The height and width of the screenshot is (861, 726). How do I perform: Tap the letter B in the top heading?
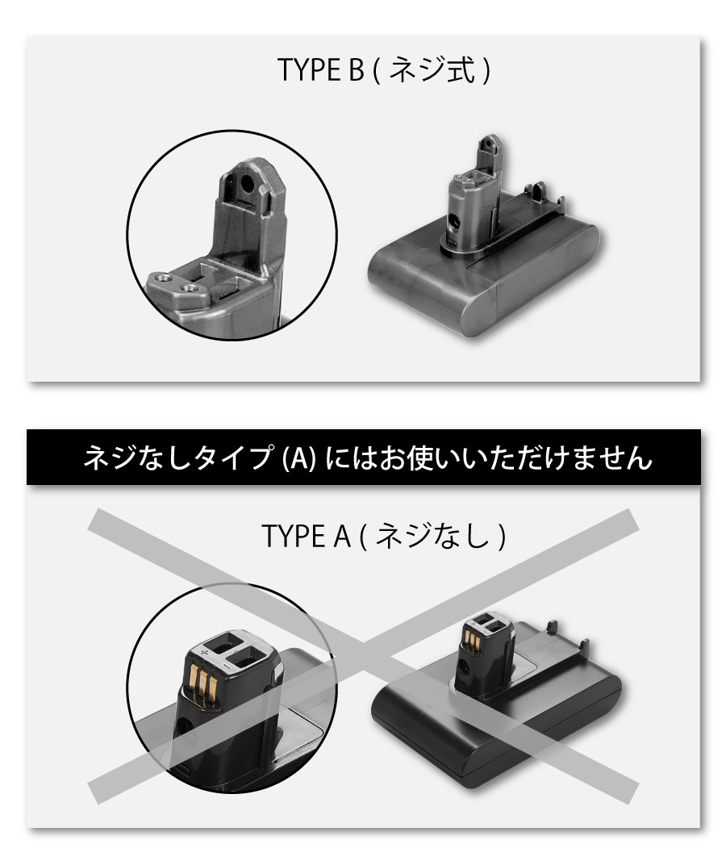point(356,70)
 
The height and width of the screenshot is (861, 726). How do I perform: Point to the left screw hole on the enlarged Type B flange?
point(162,277)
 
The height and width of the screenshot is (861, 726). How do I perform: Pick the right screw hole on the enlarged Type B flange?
point(190,287)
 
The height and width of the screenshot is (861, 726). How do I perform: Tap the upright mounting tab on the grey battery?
point(488,151)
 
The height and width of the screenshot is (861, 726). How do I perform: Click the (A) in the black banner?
point(299,458)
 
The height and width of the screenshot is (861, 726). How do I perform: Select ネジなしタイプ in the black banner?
point(179,458)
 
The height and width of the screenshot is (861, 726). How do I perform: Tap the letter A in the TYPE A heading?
point(341,536)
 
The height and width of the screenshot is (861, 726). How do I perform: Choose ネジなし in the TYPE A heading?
point(433,536)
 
